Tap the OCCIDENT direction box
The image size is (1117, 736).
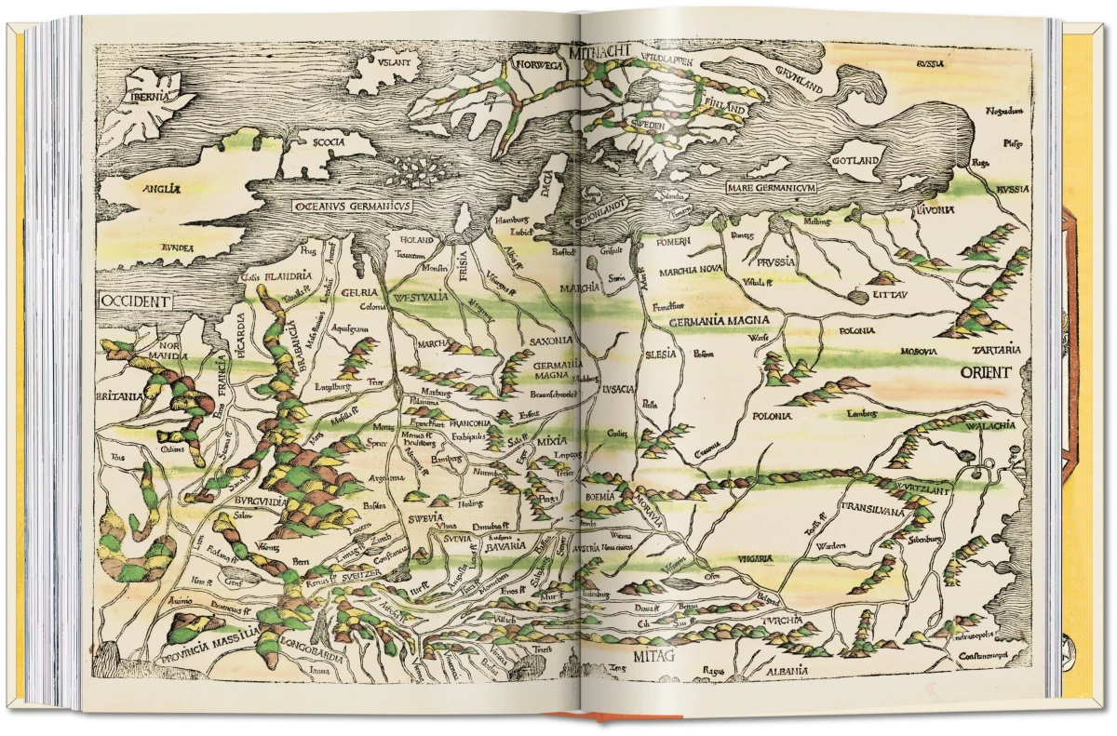click(136, 301)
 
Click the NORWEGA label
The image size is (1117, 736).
click(536, 65)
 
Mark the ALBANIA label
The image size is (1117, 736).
click(781, 671)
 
